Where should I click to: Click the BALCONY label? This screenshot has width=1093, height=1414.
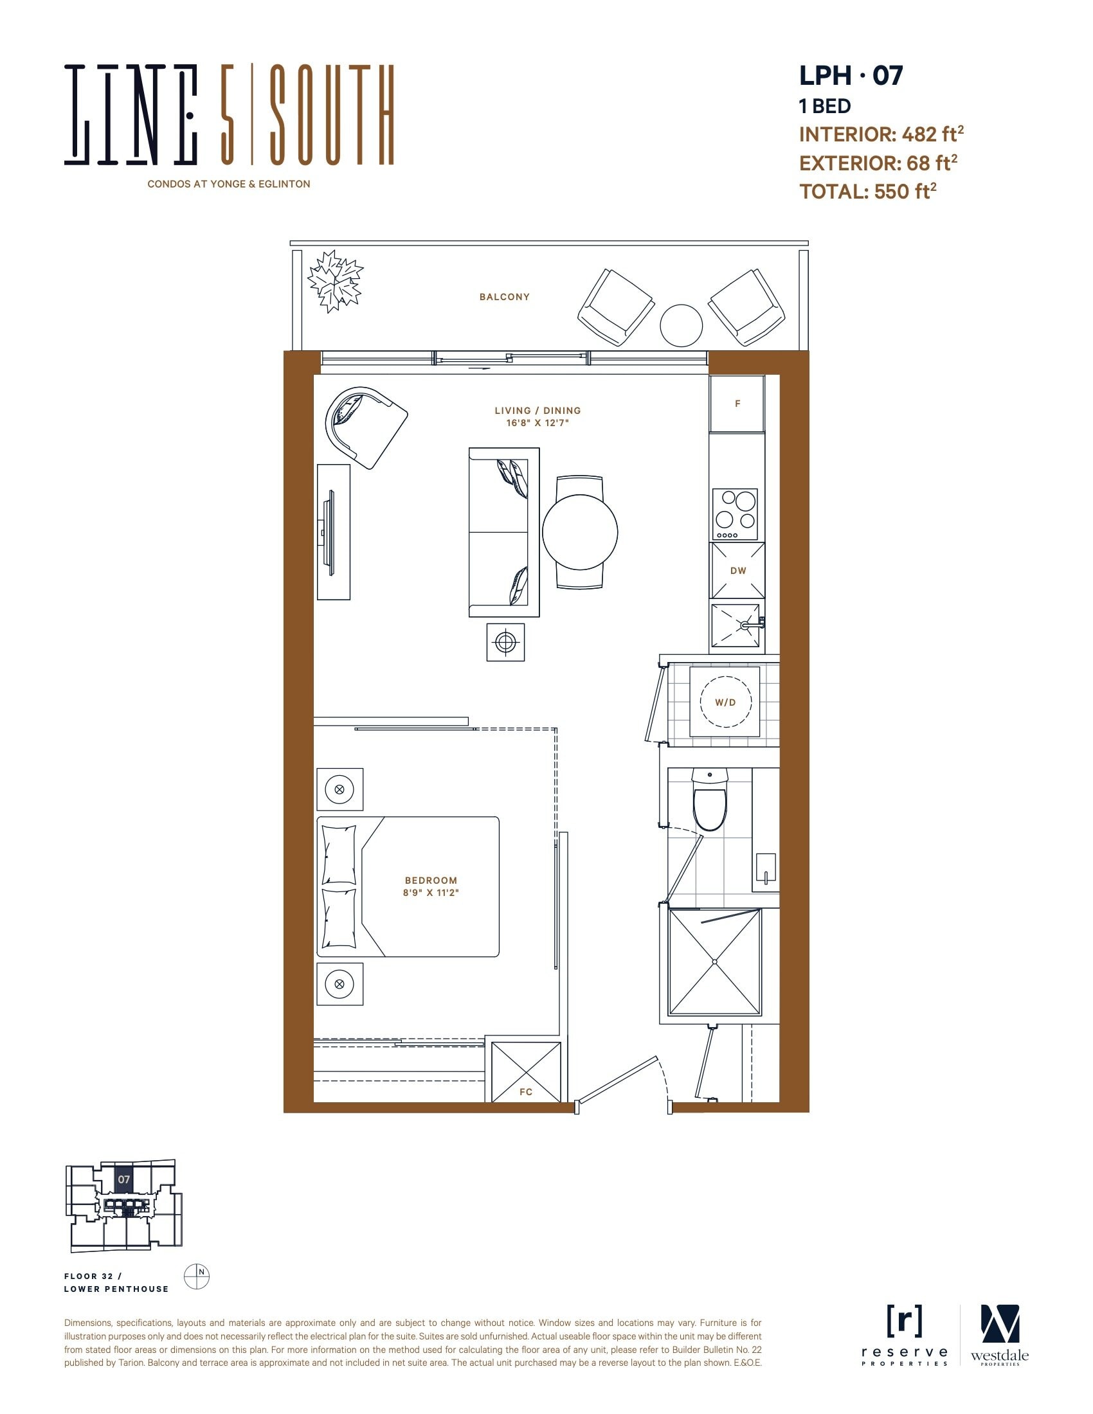(505, 297)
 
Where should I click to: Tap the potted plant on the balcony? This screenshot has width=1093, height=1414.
(335, 281)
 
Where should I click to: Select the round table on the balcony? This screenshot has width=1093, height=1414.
(681, 326)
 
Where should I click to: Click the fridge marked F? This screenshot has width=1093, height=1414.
(737, 404)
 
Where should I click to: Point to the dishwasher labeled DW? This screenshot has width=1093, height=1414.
(737, 570)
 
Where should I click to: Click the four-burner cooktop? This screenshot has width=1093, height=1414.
(735, 514)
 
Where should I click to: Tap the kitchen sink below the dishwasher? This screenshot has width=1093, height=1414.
(736, 625)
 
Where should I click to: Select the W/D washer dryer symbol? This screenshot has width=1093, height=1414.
(725, 702)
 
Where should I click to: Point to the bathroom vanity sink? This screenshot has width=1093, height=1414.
(766, 868)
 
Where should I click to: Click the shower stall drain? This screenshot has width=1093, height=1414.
(715, 962)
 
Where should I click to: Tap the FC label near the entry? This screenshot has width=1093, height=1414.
(526, 1092)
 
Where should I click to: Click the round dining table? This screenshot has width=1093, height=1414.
(580, 532)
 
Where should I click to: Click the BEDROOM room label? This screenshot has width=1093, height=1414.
(431, 881)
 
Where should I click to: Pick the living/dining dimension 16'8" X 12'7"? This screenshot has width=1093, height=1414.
(537, 423)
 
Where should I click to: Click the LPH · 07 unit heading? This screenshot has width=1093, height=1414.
(851, 76)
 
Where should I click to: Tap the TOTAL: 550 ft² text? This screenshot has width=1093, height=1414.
(868, 191)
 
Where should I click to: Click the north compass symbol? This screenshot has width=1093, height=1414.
(197, 1276)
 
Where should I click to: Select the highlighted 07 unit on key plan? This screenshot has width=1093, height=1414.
(123, 1179)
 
